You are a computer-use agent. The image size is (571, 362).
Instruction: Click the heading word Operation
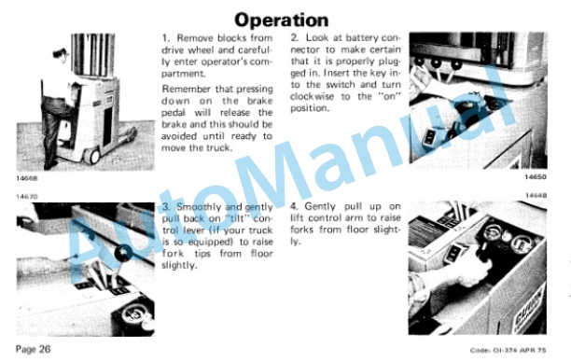pyautogui.click(x=281, y=20)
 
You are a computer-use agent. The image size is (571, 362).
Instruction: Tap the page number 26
pyautogui.click(x=45, y=349)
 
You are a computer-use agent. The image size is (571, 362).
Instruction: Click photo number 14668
pyautogui.click(x=26, y=178)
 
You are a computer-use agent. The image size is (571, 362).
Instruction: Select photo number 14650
pyautogui.click(x=536, y=177)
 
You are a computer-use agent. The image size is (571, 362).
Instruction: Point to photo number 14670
pyautogui.click(x=26, y=196)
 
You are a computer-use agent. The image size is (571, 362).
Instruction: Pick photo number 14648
pyautogui.click(x=536, y=196)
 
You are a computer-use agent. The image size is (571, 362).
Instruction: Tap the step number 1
pyautogui.click(x=166, y=38)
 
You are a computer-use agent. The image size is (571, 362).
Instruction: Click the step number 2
pyautogui.click(x=295, y=37)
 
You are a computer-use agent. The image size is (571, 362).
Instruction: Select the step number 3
pyautogui.click(x=166, y=207)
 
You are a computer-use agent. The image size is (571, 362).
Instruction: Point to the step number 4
pyautogui.click(x=294, y=206)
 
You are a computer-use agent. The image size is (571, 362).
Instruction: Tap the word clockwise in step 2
pyautogui.click(x=309, y=96)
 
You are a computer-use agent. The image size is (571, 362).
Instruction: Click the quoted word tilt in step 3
pyautogui.click(x=237, y=218)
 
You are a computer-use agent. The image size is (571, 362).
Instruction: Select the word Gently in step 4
pyautogui.click(x=320, y=206)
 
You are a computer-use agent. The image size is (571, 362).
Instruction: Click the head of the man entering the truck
pyautogui.click(x=61, y=55)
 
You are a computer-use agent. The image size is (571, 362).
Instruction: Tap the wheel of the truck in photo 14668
pyautogui.click(x=94, y=156)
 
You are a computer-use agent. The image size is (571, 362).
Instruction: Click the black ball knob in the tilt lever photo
pyautogui.click(x=121, y=253)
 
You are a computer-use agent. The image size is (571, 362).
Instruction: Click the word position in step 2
pyautogui.click(x=309, y=108)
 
